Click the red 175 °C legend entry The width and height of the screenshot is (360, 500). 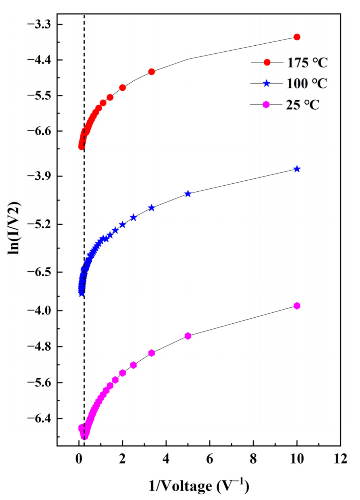click(x=289, y=62)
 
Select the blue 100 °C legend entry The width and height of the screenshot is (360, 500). click(x=289, y=83)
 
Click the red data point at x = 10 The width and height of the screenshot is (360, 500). click(x=297, y=37)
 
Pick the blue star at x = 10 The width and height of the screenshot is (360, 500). click(x=297, y=169)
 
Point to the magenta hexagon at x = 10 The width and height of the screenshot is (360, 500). click(x=297, y=306)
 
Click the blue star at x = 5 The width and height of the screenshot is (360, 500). click(x=188, y=194)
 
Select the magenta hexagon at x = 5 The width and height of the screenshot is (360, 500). click(x=188, y=336)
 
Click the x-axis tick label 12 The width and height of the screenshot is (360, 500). click(x=340, y=459)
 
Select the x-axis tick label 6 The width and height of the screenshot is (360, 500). click(x=210, y=459)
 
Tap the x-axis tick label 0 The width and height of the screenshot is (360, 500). click(x=79, y=459)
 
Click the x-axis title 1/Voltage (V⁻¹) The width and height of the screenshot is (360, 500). click(x=199, y=486)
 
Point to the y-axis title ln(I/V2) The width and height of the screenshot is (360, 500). click(x=14, y=228)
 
